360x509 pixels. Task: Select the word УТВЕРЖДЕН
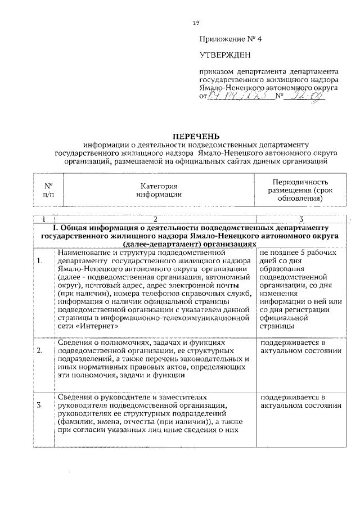point(224,55)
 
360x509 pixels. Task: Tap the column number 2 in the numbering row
point(155,219)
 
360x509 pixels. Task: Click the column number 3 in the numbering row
point(301,219)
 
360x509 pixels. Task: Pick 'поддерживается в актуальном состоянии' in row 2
point(301,346)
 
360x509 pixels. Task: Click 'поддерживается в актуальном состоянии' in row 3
point(301,400)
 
